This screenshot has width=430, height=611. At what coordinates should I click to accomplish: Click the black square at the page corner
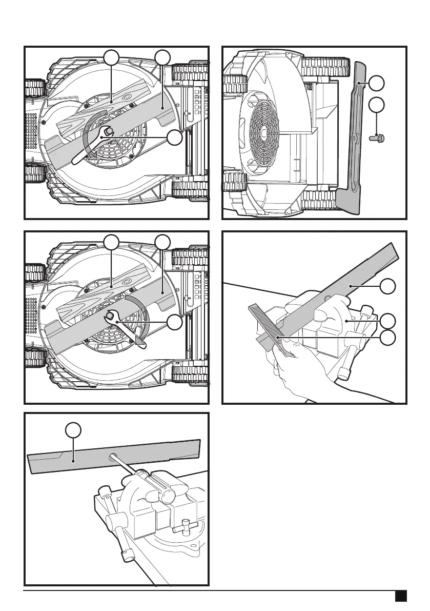coord(401,596)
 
